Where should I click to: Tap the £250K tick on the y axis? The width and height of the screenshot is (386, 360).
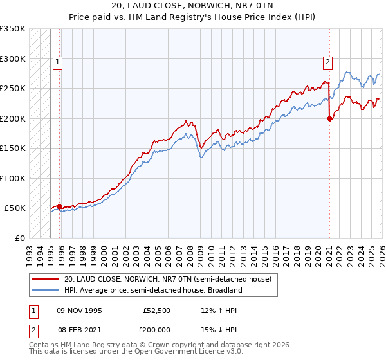[13, 89]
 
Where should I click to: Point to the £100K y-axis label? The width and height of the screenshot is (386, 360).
[13, 178]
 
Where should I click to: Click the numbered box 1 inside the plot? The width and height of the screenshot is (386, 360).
[58, 62]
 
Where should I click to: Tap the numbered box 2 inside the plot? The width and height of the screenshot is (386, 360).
[327, 62]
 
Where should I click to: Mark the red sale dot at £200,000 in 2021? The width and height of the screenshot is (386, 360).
[329, 118]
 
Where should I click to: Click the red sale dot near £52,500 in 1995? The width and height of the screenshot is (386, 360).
[60, 206]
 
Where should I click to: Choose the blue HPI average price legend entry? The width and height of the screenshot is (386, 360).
[152, 290]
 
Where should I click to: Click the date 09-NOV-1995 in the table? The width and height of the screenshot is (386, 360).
[79, 310]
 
